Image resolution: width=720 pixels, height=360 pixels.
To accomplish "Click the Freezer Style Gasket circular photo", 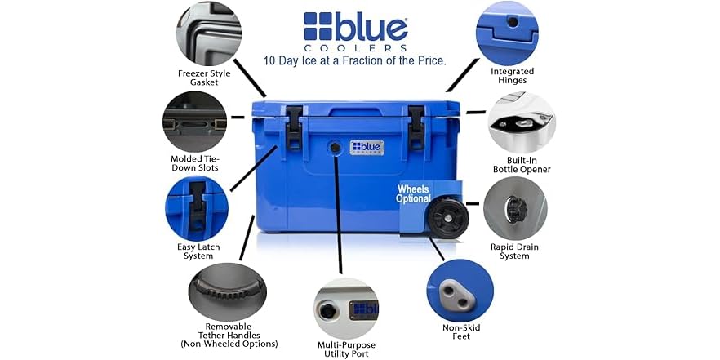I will pyautogui.click(x=204, y=33).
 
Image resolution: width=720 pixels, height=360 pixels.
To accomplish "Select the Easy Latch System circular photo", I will pyautogui.click(x=196, y=209).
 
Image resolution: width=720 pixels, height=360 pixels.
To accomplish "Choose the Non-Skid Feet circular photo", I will pyautogui.click(x=460, y=291).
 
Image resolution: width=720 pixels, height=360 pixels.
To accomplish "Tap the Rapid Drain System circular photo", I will pyautogui.click(x=515, y=209).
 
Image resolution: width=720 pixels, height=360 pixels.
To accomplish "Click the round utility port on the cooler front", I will pyautogui.click(x=334, y=147).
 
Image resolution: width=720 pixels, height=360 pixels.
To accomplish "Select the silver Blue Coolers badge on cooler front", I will pyautogui.click(x=367, y=147).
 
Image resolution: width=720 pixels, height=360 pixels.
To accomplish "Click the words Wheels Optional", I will pyautogui.click(x=413, y=194).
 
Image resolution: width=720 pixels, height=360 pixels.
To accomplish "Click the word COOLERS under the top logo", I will pyautogui.click(x=355, y=48).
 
